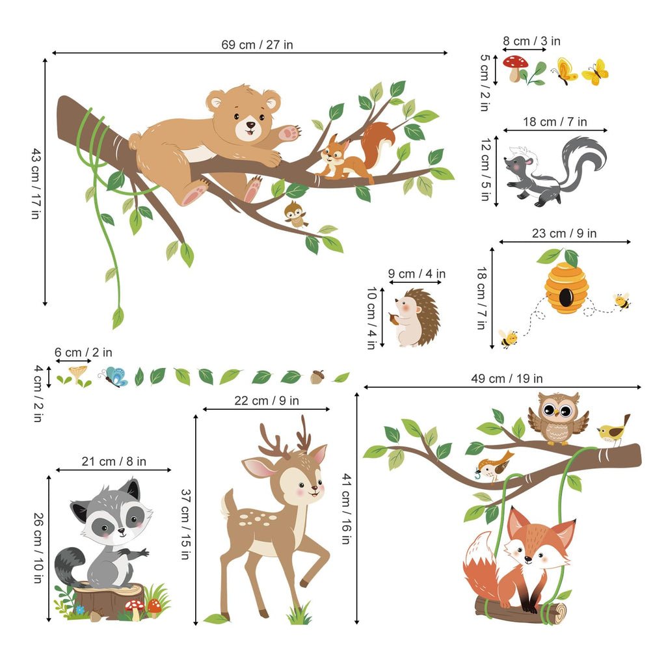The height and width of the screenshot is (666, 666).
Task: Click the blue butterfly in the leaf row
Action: (x=115, y=377)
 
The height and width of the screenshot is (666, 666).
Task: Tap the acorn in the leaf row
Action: (x=317, y=377)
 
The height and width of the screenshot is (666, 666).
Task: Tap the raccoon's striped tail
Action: (x=68, y=565)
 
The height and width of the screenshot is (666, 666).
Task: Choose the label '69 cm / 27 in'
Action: (x=257, y=45)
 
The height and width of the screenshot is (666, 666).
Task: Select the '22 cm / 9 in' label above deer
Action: (x=267, y=401)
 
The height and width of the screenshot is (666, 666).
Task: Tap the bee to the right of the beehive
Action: (x=621, y=301)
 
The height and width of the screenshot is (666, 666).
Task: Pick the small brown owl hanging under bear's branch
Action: (x=296, y=213)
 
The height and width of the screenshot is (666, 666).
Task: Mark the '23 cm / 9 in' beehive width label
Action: (x=565, y=233)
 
